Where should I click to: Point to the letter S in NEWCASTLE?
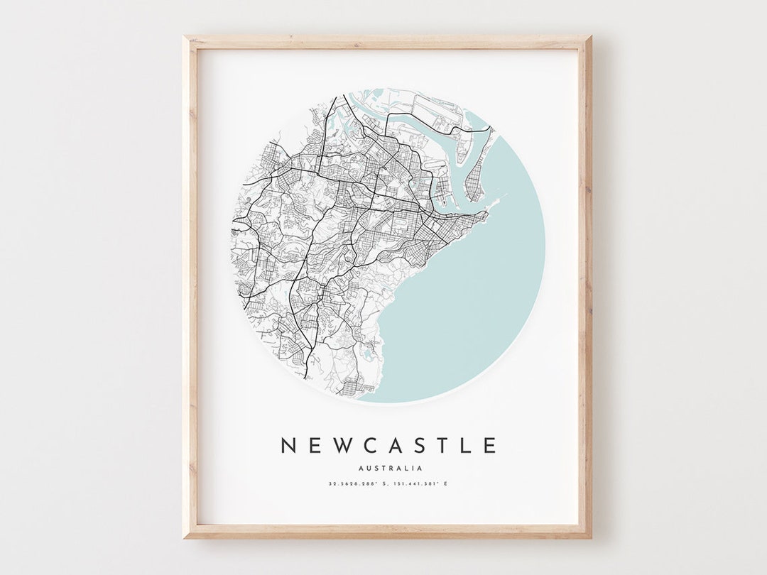417,446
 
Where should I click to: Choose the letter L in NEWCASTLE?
465,446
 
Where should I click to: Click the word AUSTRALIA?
391,468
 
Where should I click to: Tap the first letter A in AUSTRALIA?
361,468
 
